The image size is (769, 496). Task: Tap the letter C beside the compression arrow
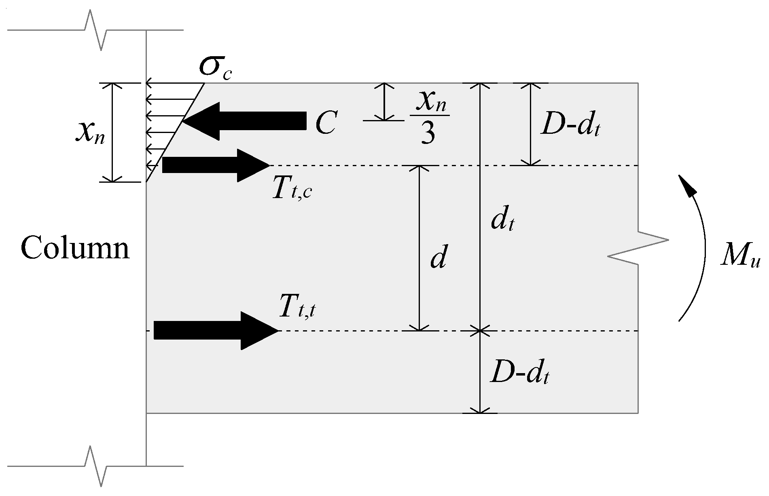click(325, 123)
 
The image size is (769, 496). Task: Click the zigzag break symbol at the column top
click(96, 30)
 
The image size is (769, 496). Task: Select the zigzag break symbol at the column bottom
click(96, 466)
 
